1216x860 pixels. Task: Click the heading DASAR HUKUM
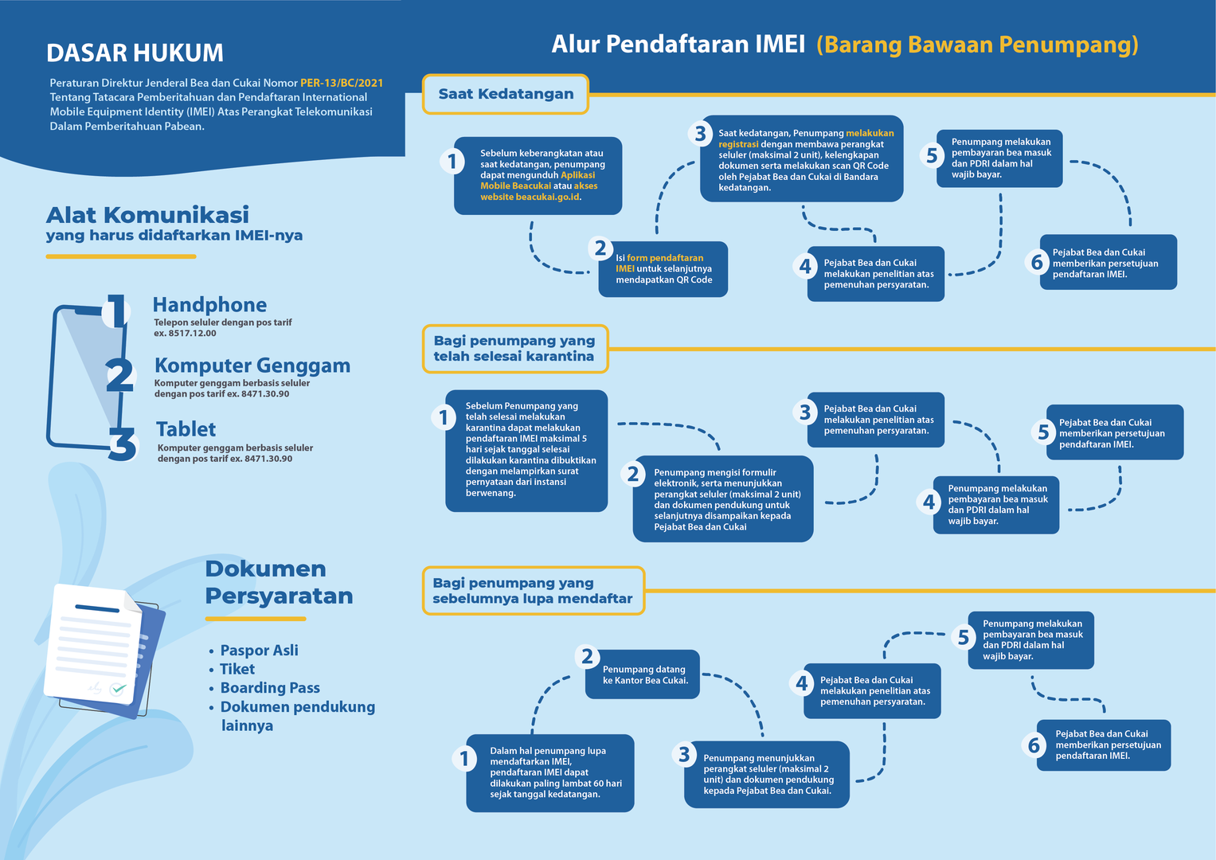135,53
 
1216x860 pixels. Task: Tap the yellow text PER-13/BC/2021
342,83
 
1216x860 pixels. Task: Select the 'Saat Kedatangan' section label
506,94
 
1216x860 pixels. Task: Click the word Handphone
209,305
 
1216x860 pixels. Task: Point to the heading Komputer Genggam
252,365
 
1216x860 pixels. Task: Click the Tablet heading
186,429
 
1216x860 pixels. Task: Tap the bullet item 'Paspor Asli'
259,651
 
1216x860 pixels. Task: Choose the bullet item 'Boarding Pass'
270,688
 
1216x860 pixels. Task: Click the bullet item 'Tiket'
237,669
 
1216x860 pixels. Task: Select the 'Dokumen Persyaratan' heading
278,582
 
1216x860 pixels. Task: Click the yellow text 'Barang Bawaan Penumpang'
977,45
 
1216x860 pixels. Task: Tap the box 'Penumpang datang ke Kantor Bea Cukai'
643,675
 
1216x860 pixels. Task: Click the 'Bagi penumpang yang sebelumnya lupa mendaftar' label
533,591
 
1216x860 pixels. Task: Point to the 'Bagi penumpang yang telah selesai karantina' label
514,349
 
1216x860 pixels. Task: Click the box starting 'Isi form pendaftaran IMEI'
663,269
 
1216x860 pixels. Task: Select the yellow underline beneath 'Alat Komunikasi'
121,256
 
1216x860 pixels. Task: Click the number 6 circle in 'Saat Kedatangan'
1037,262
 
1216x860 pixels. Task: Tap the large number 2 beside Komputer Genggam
119,375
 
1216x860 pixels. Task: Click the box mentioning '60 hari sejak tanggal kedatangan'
550,772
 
